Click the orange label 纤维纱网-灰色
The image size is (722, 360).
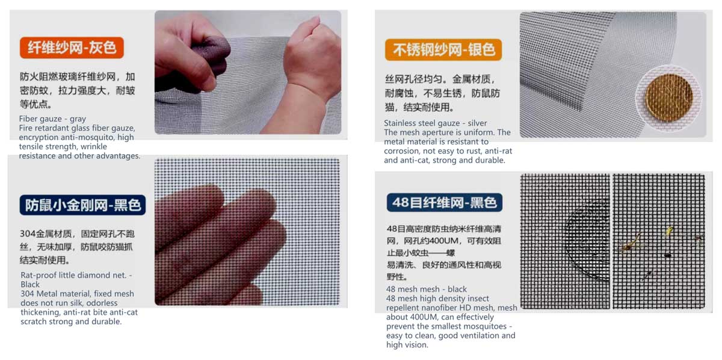pos(72,48)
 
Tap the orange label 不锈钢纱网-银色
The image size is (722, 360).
pos(443,50)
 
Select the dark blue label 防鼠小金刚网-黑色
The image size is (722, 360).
pos(82,205)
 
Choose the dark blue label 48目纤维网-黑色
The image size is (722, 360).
pos(445,203)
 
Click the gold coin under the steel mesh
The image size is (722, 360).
pos(669,97)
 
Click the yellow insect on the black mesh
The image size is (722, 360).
pos(670,231)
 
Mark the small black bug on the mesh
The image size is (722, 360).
pos(668,255)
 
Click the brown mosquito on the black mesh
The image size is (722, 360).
pos(631,244)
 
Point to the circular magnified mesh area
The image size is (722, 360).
pos(587,240)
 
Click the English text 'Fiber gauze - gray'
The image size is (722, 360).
pos(52,119)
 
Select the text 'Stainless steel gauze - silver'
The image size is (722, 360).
pos(436,123)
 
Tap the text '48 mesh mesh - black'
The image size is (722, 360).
pos(427,289)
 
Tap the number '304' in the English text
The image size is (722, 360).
pos(28,294)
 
